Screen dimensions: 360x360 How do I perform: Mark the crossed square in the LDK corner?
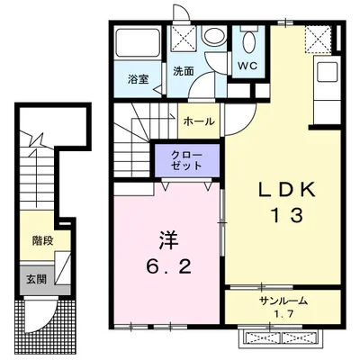click(x=318, y=39)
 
